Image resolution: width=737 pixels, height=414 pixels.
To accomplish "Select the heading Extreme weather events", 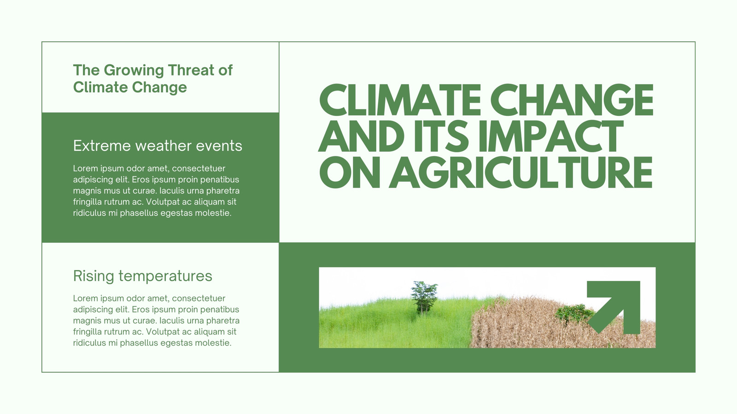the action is point(158,145).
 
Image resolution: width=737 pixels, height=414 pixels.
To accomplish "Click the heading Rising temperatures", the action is point(142,276).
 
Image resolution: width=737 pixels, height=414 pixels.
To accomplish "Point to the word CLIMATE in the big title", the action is point(400,99).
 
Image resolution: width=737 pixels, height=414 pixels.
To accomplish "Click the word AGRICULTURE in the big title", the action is point(521,172).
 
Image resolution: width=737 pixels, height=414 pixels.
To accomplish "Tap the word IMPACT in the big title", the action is point(551,136).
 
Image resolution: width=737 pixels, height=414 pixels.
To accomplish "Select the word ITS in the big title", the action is point(441,136).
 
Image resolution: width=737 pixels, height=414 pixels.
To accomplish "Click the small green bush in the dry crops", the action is point(574,314).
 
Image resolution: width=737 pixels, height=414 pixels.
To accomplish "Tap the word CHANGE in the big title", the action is point(572,99).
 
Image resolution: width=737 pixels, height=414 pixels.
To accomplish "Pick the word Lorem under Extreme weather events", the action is point(85,168).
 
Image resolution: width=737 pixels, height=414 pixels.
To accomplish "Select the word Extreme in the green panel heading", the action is point(102,146).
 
